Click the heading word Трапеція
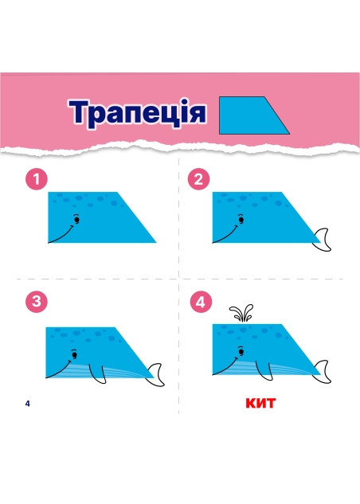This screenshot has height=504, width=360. [x=137, y=112]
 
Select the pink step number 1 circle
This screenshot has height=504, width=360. [x=37, y=179]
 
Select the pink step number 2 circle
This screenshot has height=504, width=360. [x=198, y=179]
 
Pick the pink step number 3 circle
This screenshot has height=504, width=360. [x=37, y=302]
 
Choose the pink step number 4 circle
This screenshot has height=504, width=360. [x=201, y=302]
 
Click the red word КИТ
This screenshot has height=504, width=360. [x=260, y=403]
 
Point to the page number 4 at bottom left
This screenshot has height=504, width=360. [x=28, y=404]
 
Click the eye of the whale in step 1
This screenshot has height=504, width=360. [x=76, y=220]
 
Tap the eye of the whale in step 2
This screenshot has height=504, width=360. [x=241, y=220]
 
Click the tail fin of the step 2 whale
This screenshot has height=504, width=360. [x=323, y=240]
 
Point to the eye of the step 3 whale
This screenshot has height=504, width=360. [x=75, y=354]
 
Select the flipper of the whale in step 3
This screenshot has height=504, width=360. [x=98, y=374]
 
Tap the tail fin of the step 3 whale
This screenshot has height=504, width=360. [x=155, y=375]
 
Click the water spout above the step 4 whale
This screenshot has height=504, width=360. [x=241, y=313]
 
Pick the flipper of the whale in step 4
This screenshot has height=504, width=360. [x=264, y=371]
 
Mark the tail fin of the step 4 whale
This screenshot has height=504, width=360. [x=323, y=372]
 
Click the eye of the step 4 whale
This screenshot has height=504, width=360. [x=241, y=351]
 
